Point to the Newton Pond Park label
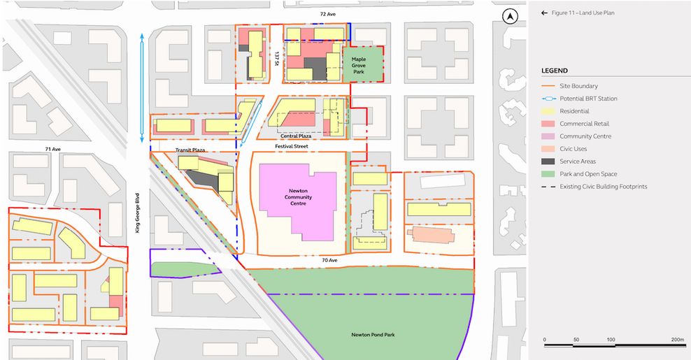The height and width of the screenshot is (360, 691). pos(369,335)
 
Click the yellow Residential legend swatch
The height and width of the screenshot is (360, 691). pos(550,111)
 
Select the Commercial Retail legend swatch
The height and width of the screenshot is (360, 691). pos(550,124)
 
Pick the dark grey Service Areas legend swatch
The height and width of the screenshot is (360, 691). pos(550,161)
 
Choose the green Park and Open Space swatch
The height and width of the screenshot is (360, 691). pos(550,174)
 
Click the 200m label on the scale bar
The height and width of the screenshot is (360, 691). pos(676,339)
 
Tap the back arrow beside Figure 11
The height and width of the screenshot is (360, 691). pos(544,13)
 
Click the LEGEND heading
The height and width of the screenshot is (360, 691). pos(554,71)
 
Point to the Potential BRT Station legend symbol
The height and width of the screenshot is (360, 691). pos(550,99)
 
